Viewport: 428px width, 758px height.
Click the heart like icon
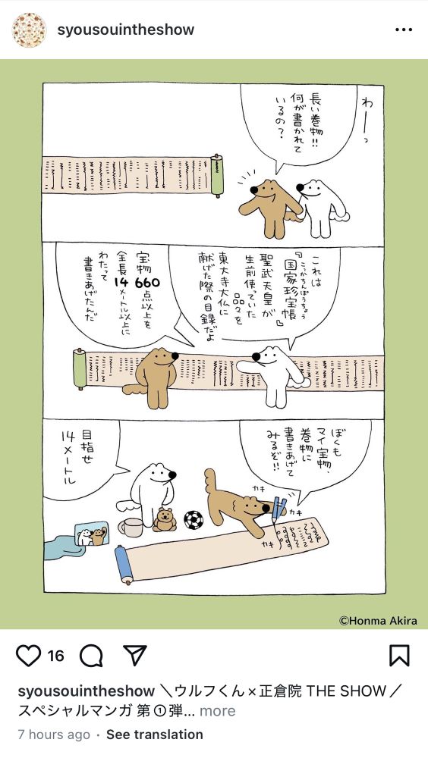pos(28,656)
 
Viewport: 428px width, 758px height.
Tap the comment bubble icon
pos(91,656)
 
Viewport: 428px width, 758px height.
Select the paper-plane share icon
pos(134,656)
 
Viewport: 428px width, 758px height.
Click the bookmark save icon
pos(400,656)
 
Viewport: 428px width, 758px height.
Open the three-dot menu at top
pos(404,30)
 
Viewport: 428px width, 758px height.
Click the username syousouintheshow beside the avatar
pos(126,30)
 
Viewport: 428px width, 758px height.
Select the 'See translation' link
pos(155,735)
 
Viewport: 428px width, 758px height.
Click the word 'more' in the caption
pos(218,711)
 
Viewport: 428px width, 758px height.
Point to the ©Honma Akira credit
pos(378,621)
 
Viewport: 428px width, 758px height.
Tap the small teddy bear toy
pos(164,520)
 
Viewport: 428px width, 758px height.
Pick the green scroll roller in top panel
pos(218,176)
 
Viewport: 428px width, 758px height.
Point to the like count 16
pos(55,656)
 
